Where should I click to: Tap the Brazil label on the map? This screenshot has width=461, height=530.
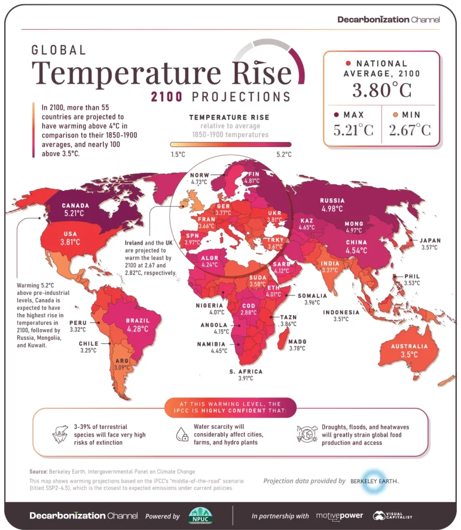(x=137, y=320)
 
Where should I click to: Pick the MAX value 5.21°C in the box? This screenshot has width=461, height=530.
(x=353, y=130)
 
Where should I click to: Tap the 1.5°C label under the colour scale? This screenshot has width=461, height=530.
(x=178, y=154)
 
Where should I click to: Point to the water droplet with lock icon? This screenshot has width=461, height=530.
(x=182, y=434)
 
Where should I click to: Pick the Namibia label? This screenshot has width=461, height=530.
(x=211, y=344)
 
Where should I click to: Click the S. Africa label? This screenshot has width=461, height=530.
(x=246, y=372)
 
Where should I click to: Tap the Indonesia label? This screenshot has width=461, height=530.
(x=341, y=312)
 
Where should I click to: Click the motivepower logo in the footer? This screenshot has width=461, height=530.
(x=339, y=516)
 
